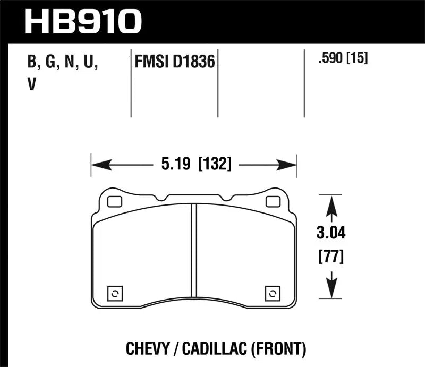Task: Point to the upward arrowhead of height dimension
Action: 331,204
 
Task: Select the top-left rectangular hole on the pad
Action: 114,201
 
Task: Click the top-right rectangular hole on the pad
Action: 273,201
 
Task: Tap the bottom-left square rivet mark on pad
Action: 115,293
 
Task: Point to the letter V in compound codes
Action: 31,84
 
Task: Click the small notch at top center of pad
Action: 227,199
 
